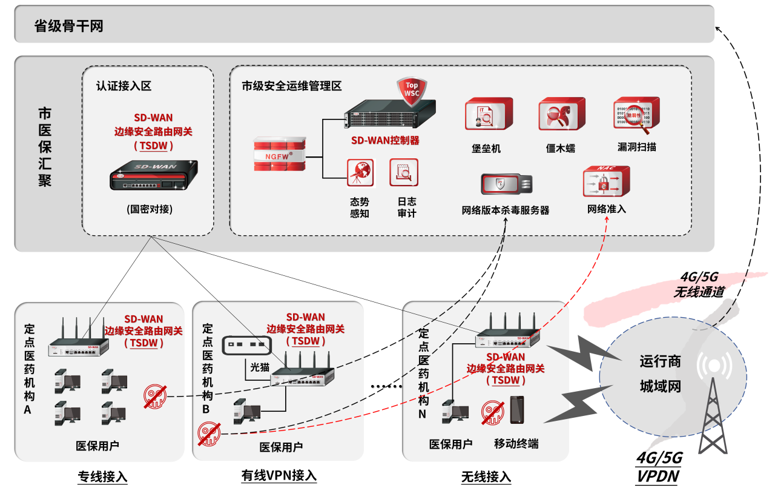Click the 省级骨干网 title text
68,26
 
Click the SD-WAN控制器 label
385,141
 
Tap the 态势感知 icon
360,173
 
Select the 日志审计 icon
404,173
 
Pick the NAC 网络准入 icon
606,182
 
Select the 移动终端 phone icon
517,410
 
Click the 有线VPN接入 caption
279,475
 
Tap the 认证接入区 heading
124,86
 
